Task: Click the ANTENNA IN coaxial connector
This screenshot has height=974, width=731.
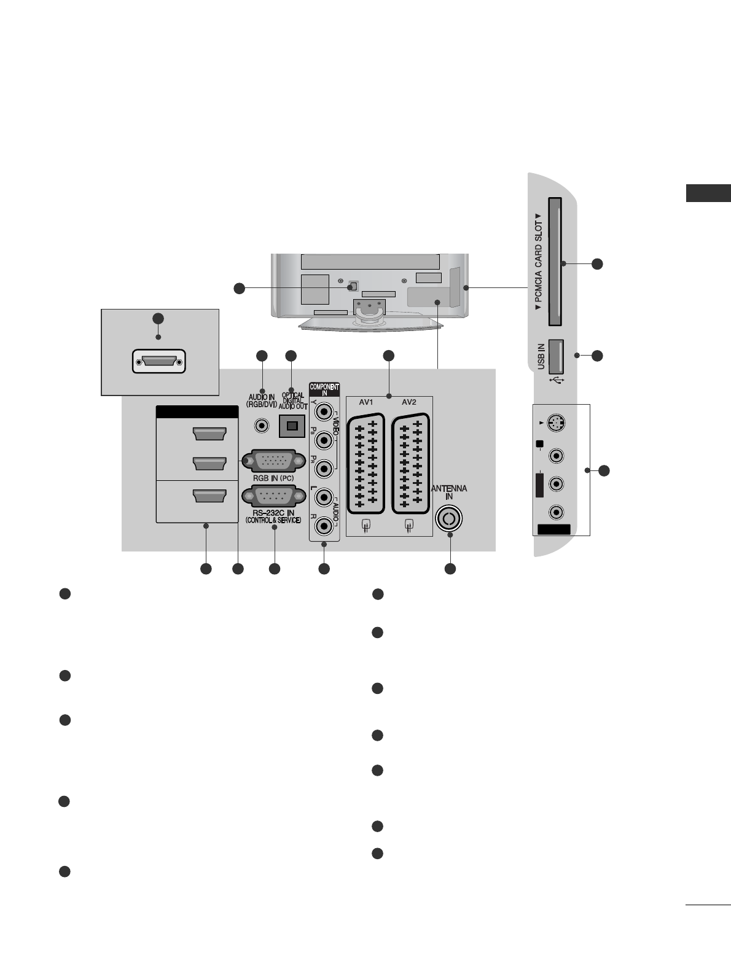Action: (x=449, y=518)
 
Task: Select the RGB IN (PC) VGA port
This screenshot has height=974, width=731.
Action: (x=274, y=461)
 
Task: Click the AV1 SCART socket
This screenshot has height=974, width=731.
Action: (x=366, y=462)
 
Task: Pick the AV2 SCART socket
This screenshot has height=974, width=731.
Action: (x=411, y=462)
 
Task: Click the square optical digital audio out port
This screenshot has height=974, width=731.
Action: (x=292, y=424)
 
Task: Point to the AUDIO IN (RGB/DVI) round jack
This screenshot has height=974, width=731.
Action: (x=263, y=424)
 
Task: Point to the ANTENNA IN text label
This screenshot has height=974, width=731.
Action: (x=449, y=492)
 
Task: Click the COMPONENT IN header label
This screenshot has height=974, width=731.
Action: (x=324, y=389)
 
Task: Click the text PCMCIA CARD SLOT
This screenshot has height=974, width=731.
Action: (x=539, y=262)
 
